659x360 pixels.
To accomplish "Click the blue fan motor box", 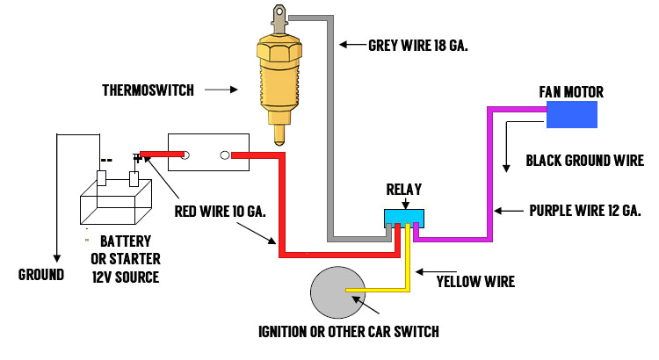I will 571,115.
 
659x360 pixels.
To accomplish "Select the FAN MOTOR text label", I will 571,91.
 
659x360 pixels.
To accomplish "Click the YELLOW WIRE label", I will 475,282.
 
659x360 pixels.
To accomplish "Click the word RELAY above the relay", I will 404,188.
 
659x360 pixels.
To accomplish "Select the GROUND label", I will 41,274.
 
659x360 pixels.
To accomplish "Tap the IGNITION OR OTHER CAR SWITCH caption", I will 348,332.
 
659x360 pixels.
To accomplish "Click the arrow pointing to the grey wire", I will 351,44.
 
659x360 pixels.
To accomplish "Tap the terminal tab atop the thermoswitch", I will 279,16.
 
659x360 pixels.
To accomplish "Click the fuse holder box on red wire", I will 207,154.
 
